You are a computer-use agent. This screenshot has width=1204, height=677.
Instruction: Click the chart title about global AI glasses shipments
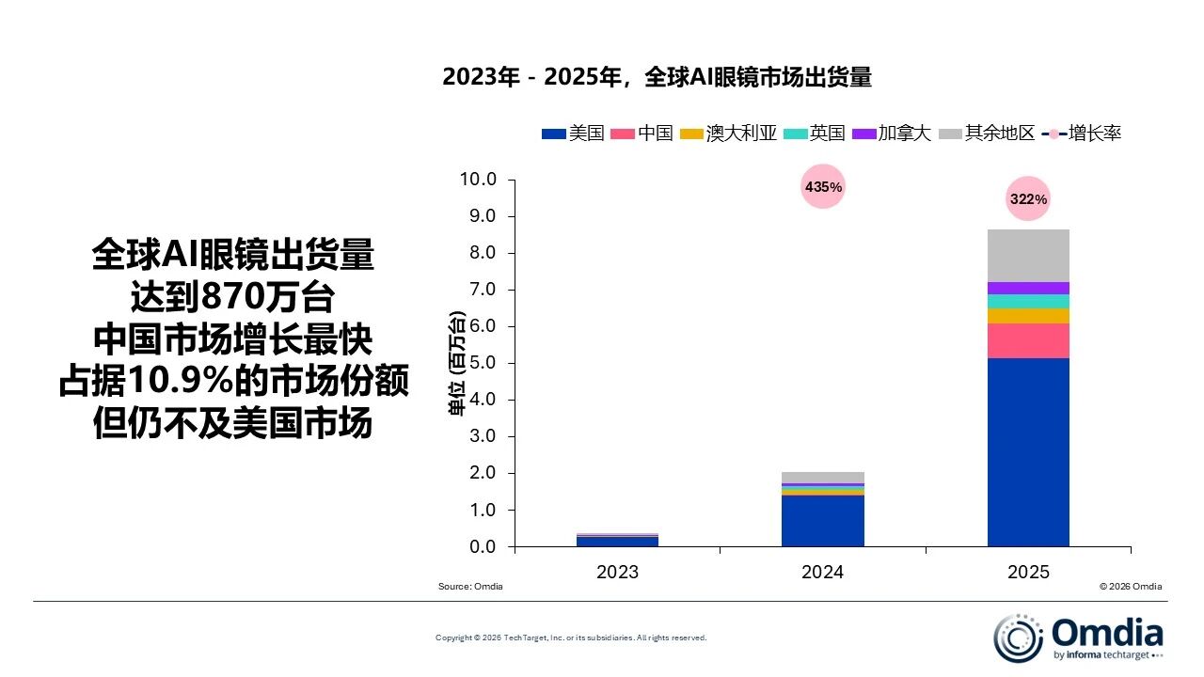tap(657, 78)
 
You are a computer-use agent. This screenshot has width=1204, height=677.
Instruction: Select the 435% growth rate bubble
tap(823, 187)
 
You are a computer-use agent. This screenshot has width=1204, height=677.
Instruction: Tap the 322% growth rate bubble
tap(1028, 199)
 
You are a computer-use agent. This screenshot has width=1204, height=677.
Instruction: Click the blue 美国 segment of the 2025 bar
tap(1028, 451)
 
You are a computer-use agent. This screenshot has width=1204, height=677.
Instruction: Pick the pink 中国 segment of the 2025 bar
tap(1028, 340)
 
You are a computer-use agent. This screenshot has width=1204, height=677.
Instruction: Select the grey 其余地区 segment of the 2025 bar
tap(1028, 255)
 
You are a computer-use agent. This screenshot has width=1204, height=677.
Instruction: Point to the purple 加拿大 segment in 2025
tap(1028, 288)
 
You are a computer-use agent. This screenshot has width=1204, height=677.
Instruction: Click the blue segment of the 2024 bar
tap(822, 520)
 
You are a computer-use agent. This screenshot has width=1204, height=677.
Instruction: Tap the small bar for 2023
tap(617, 540)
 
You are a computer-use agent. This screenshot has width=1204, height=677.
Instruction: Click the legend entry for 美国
tap(573, 134)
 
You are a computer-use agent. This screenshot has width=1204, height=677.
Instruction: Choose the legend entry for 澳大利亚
tap(729, 134)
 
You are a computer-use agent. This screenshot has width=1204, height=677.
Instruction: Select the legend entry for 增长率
tap(1082, 134)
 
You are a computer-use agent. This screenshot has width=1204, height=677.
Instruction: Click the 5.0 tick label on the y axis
tap(479, 363)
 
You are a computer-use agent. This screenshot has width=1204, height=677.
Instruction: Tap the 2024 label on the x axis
tap(822, 572)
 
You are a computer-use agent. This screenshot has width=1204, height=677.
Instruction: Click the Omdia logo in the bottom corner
tap(1079, 637)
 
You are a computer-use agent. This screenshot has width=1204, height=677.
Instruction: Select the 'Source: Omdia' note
tap(470, 587)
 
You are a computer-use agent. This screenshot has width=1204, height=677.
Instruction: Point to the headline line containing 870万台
tap(232, 297)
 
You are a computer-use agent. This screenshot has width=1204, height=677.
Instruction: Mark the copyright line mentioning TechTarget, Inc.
tap(570, 638)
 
